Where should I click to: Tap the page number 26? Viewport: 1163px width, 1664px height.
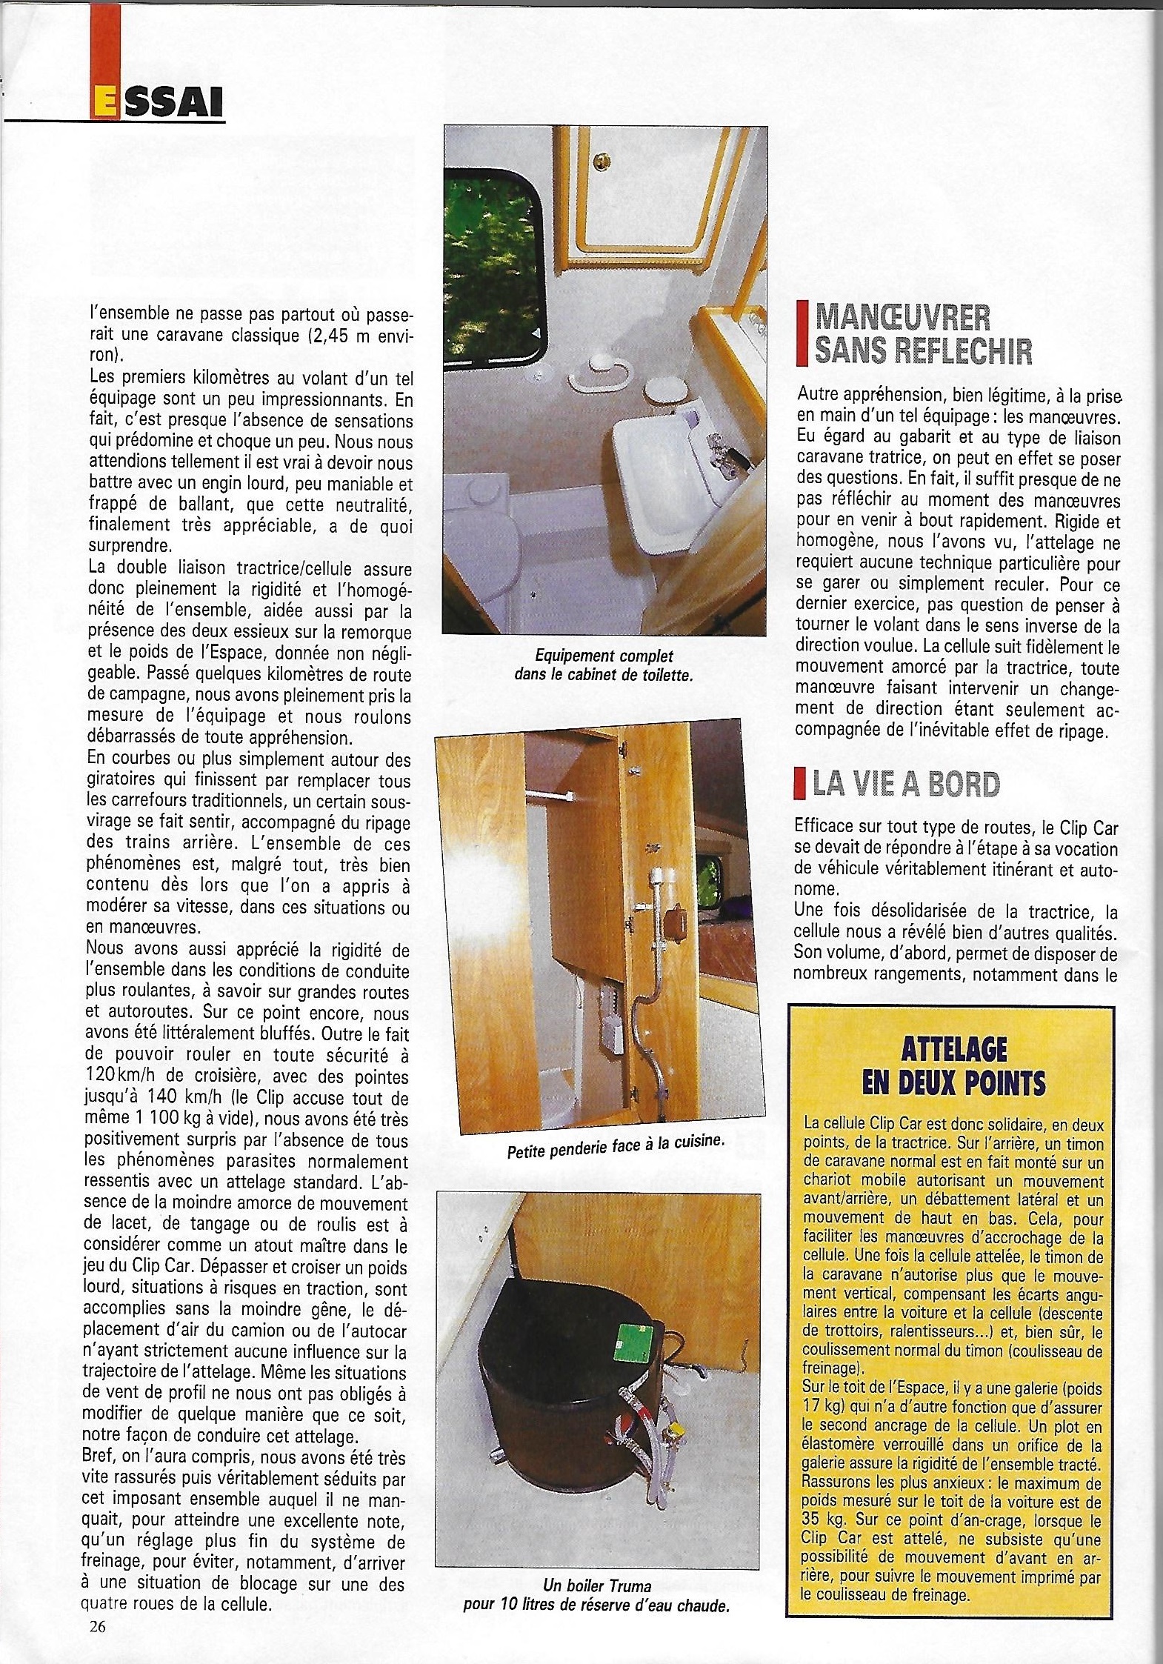97,1627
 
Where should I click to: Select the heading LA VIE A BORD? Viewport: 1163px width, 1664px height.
906,784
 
